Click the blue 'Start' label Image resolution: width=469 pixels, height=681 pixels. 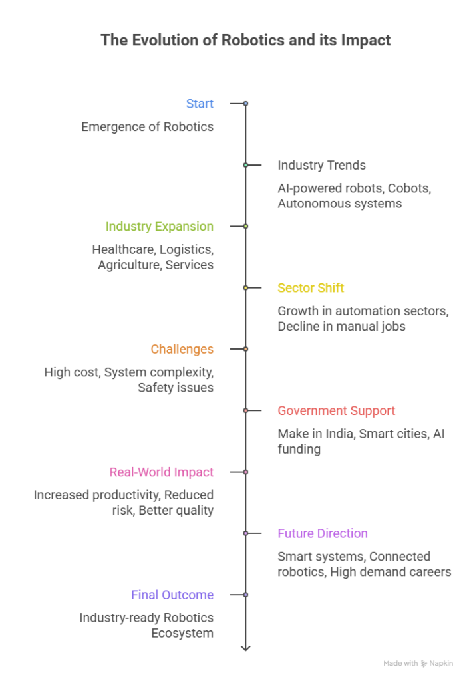click(200, 104)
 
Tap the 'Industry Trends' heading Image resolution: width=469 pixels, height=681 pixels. click(322, 165)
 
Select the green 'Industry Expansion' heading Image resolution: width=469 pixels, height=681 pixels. click(160, 227)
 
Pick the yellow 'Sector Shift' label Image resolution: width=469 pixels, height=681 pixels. click(311, 288)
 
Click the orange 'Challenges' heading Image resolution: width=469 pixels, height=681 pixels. click(182, 350)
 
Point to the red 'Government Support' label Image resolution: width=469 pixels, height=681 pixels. click(337, 411)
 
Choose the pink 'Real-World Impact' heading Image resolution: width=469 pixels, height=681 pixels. click(162, 472)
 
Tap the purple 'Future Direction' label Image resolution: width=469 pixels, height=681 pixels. click(323, 533)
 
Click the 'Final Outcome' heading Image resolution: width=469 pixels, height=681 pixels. click(172, 595)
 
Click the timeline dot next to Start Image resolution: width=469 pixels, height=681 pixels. click(245, 104)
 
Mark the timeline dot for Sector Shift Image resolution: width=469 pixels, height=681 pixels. click(245, 288)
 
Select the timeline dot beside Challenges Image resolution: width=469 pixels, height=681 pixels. click(245, 349)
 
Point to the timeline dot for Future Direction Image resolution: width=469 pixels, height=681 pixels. click(245, 533)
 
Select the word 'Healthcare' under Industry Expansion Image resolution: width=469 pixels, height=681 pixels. click(124, 250)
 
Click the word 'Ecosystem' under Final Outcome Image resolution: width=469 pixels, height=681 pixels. click(182, 633)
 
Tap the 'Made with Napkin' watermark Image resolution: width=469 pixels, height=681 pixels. click(418, 663)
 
